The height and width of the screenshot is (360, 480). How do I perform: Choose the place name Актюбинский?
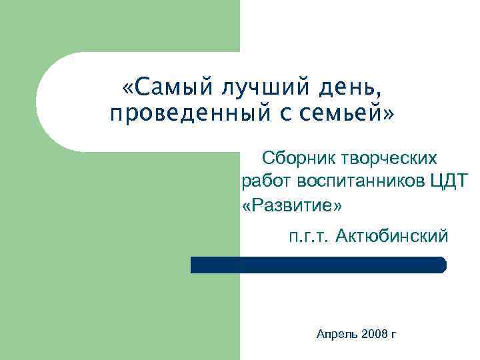pyautogui.click(x=393, y=235)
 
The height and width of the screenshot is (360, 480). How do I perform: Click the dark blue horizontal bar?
pyautogui.click(x=318, y=265)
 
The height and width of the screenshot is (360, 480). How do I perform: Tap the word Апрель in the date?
pyautogui.click(x=339, y=333)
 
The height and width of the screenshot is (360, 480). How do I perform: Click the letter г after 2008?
pyautogui.click(x=393, y=333)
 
